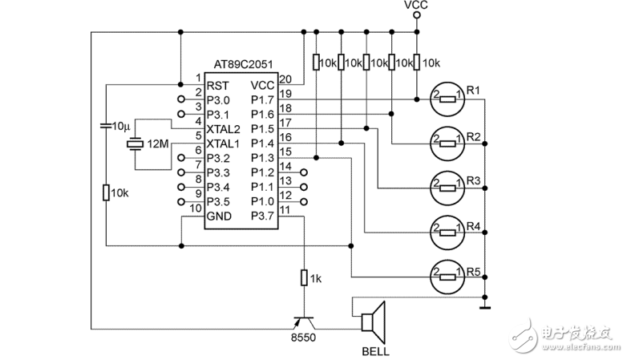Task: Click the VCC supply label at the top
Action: point(417,6)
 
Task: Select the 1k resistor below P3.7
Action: point(304,278)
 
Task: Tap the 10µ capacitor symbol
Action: point(106,126)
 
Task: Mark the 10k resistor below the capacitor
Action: point(106,192)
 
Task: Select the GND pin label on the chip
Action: point(220,215)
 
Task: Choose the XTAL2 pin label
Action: point(224,129)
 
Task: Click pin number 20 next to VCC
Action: point(286,79)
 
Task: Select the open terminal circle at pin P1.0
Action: point(304,200)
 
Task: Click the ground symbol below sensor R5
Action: point(484,304)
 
